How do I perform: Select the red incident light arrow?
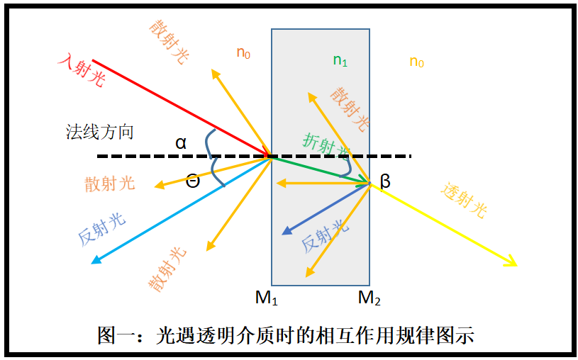[x=177, y=107]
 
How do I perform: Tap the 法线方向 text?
[x=99, y=132]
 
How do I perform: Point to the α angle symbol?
[x=182, y=143]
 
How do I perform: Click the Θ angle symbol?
[x=193, y=181]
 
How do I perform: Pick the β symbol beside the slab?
[x=385, y=181]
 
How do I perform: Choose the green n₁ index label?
[x=340, y=60]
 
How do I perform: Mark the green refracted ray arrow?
[x=319, y=169]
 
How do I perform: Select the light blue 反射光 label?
[x=102, y=228]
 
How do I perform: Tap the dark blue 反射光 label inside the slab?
[x=325, y=235]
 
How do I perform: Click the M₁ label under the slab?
[x=267, y=298]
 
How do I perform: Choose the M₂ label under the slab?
[x=369, y=298]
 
